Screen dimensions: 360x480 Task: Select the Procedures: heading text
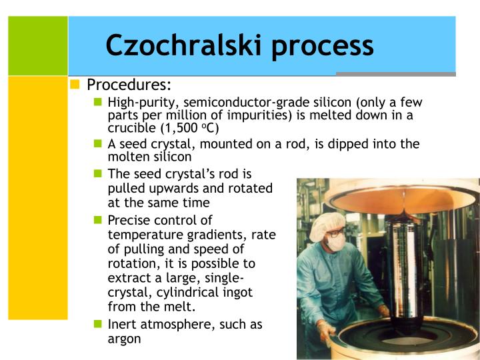[x=129, y=85]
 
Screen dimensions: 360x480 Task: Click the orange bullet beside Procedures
[x=75, y=85]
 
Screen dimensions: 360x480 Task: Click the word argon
[x=124, y=339]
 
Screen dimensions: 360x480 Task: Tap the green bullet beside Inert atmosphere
[x=97, y=325]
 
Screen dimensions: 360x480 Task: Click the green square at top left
[x=37, y=45]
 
